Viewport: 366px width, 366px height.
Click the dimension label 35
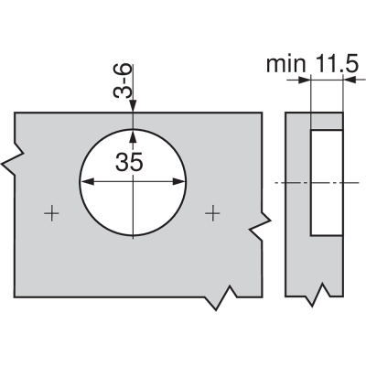tap(129, 162)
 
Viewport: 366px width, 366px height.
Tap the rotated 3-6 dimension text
tap(123, 81)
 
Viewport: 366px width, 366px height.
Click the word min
tap(285, 64)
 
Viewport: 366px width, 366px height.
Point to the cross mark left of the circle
tap(51, 213)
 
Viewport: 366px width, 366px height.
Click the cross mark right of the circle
tap(212, 213)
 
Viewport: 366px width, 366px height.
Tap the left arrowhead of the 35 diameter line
tap(87, 182)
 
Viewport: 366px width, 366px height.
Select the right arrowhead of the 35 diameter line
tap(178, 182)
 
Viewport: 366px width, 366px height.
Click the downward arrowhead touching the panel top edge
tap(133, 106)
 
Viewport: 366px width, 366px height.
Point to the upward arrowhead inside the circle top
tap(133, 136)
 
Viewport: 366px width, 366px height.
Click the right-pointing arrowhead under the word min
tap(304, 81)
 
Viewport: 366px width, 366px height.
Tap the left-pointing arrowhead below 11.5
tap(350, 80)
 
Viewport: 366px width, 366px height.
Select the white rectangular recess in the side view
tap(327, 183)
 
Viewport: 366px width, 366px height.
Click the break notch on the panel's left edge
tap(13, 159)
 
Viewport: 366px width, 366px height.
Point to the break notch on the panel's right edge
tap(260, 225)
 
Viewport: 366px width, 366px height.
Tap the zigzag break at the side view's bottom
tap(318, 295)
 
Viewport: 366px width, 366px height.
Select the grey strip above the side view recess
tap(327, 121)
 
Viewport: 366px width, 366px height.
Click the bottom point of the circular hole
tap(133, 236)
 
